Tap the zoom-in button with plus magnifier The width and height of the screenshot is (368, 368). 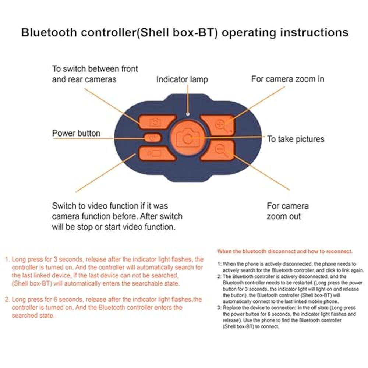[218, 124]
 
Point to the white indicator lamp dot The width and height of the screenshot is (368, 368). [188, 114]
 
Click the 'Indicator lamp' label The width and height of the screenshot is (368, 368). [182, 79]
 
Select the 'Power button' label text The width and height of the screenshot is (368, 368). [76, 133]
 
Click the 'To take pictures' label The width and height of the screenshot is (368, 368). [296, 139]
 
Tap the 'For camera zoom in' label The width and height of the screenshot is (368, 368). [287, 79]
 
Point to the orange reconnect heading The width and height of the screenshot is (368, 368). [285, 251]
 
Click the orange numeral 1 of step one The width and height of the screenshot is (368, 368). [7, 259]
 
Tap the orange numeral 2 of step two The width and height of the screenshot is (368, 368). [7, 300]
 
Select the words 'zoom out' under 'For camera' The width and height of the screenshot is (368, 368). [283, 216]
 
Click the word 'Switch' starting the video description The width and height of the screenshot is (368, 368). [64, 206]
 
